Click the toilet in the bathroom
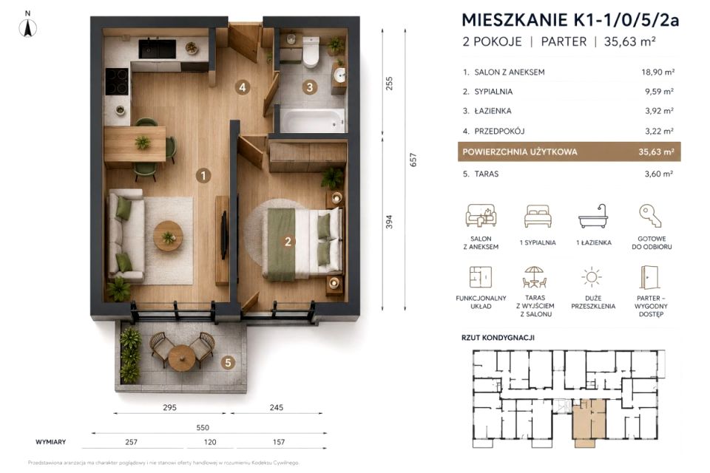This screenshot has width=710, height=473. point(311,52)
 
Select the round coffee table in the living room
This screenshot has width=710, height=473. point(169,236)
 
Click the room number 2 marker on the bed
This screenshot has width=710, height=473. point(288,242)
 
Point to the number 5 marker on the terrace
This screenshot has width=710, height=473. point(229,362)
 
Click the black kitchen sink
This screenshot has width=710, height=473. point(157,49)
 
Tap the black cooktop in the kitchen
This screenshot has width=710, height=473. point(117,81)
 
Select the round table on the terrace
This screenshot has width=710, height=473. point(182,358)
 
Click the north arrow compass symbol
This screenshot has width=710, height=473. point(28,28)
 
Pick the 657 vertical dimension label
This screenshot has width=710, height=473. point(413,160)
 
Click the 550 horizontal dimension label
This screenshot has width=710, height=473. point(203,428)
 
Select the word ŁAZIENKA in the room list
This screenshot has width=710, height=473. point(493,111)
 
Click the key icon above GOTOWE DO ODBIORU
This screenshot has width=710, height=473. point(651,216)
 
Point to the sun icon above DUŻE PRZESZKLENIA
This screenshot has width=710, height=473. point(592,277)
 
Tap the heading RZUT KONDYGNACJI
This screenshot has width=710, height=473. point(498,338)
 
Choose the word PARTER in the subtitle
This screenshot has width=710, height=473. point(564,41)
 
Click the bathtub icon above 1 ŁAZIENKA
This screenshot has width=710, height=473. point(593,216)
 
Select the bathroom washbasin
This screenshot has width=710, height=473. point(339,75)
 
